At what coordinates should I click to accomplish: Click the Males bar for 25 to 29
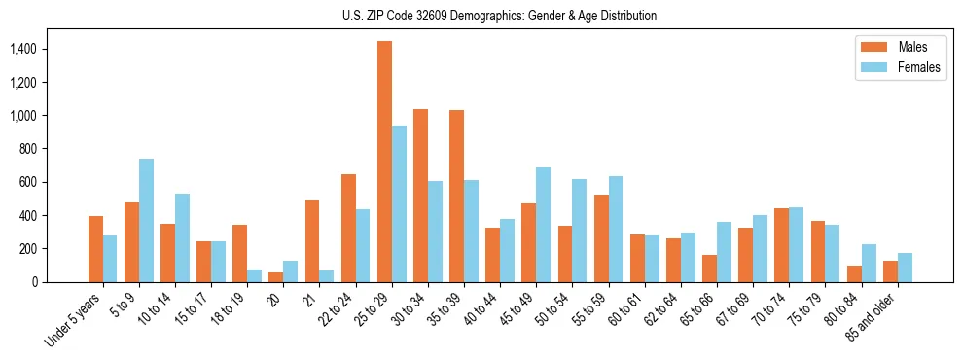pos(385,162)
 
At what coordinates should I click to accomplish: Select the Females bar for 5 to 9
pos(146,220)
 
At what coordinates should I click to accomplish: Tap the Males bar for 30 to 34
pos(421,196)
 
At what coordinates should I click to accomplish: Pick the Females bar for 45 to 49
pos(543,225)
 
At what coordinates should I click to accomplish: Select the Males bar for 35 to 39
pos(457,196)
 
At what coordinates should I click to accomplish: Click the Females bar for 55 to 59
pos(616,229)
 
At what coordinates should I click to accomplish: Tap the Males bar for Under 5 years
pos(95,249)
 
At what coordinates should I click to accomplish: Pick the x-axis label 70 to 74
pos(768,308)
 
